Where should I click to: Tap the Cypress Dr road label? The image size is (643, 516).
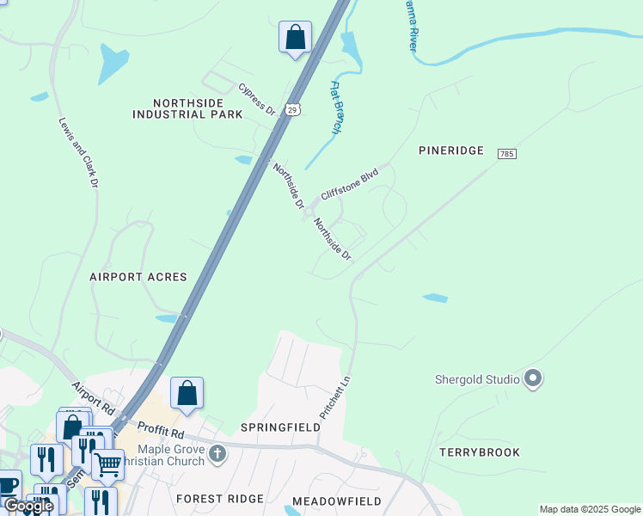(x=256, y=99)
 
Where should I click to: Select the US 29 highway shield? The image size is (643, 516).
(x=293, y=109)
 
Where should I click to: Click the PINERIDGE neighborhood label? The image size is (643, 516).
(x=453, y=150)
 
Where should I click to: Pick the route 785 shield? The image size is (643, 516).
(x=506, y=152)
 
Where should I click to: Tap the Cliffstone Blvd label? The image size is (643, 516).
(x=349, y=185)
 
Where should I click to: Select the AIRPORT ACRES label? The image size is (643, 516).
(x=138, y=277)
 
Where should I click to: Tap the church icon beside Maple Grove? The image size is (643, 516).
(x=218, y=453)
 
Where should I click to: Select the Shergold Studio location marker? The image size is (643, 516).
(x=533, y=378)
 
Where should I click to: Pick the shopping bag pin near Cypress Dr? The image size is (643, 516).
(x=295, y=38)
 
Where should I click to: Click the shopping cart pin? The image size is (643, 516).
(x=107, y=464)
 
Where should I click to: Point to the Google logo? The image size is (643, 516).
(x=28, y=506)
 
